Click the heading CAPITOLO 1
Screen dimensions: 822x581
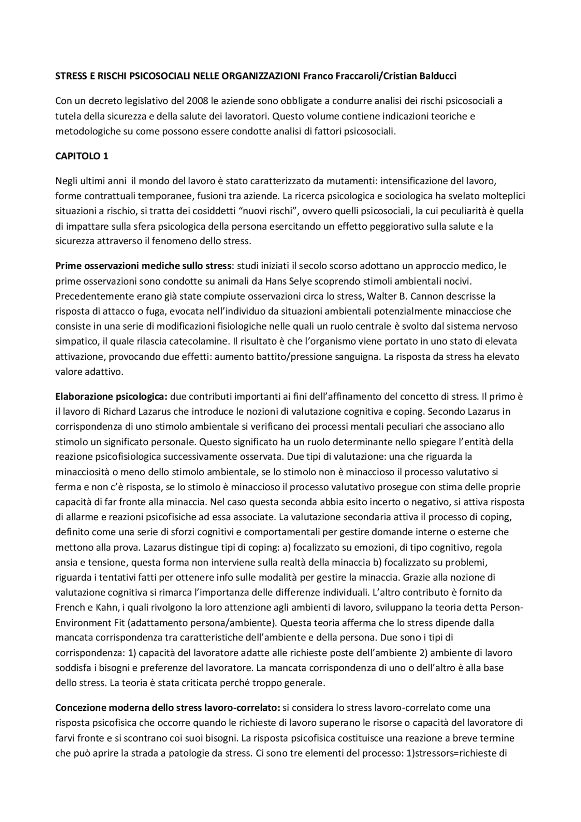click(82, 156)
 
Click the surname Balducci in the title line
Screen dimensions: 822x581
click(435, 76)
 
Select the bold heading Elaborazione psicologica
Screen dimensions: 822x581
click(111, 397)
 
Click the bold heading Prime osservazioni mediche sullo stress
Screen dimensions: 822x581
click(143, 266)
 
